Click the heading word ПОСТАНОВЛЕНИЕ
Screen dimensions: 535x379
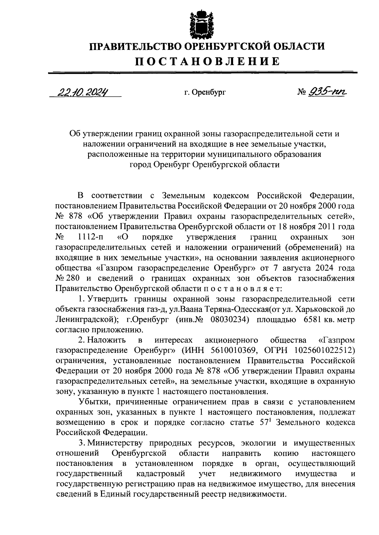coord(208,61)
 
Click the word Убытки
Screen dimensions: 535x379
coord(94,402)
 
